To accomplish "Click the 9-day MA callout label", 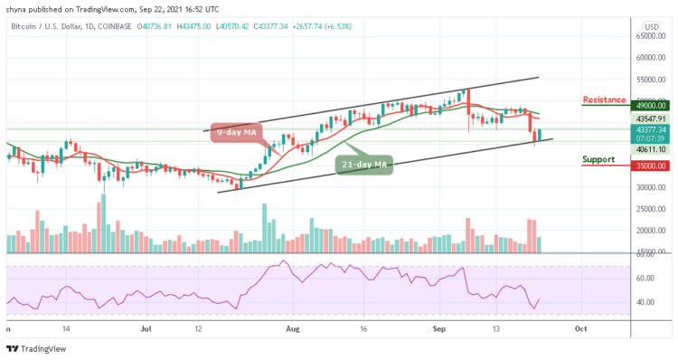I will coord(236,132).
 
